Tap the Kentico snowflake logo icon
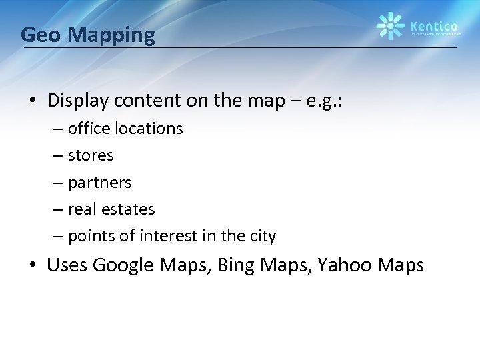click(x=391, y=26)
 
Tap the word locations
click(x=149, y=128)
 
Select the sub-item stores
click(x=91, y=155)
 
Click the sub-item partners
click(x=100, y=183)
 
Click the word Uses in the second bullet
click(x=67, y=265)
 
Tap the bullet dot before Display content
click(x=32, y=101)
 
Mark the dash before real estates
click(x=60, y=210)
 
